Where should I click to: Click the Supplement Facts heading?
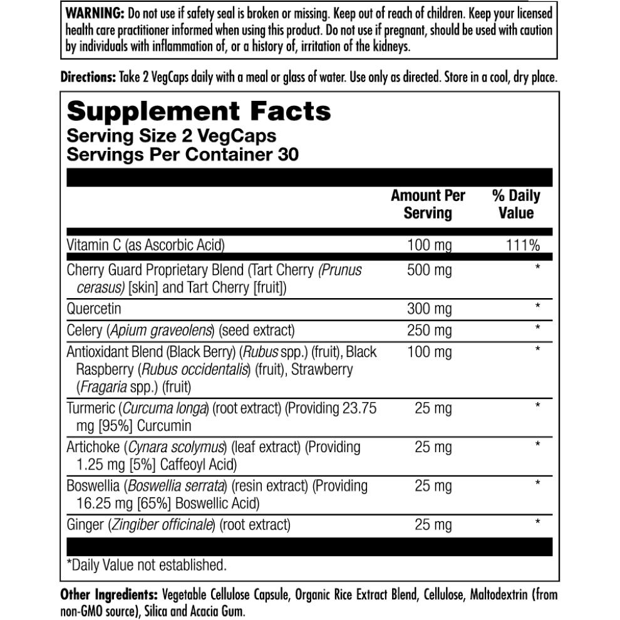pyautogui.click(x=199, y=111)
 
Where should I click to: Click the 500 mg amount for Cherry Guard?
pyautogui.click(x=429, y=271)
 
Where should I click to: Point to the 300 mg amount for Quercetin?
pyautogui.click(x=429, y=309)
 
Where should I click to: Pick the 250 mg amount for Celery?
pyautogui.click(x=429, y=330)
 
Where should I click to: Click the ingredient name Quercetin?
pyautogui.click(x=94, y=309)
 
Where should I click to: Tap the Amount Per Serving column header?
pyautogui.click(x=428, y=204)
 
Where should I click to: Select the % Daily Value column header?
pyautogui.click(x=516, y=204)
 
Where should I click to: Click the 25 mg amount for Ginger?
pyautogui.click(x=433, y=525)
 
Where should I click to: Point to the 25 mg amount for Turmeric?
pyautogui.click(x=433, y=409)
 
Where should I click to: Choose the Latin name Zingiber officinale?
pyautogui.click(x=162, y=525)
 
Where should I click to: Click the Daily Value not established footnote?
pyautogui.click(x=147, y=565)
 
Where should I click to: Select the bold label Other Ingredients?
pyautogui.click(x=108, y=595)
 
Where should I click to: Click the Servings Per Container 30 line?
pyautogui.click(x=182, y=154)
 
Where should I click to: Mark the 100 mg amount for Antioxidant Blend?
pyautogui.click(x=429, y=352)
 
